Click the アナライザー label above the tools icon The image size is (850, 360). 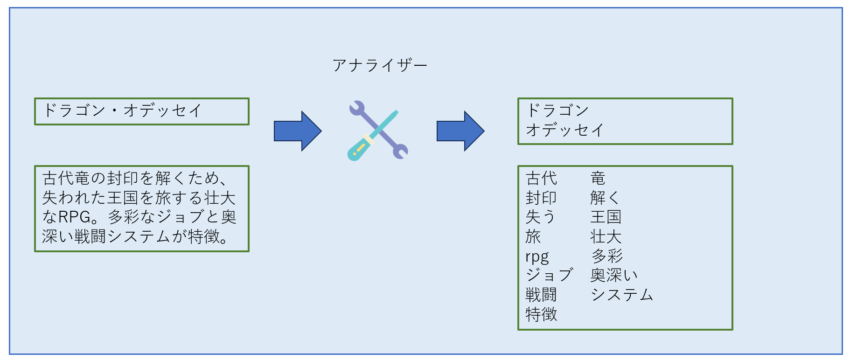380,65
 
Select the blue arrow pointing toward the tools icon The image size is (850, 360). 297,131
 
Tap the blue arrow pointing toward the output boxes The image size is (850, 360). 460,131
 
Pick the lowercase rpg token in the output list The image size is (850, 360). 537,257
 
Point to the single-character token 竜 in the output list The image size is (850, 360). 598,178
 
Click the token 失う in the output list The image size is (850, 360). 540,217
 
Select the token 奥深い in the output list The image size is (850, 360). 613,276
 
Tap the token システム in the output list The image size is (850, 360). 622,295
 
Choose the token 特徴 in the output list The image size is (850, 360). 541,315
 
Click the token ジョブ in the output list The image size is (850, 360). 549,276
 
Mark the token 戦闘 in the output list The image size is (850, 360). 541,295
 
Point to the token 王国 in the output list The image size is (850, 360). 606,217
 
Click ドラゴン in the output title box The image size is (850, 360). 557,111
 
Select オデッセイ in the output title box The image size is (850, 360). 565,130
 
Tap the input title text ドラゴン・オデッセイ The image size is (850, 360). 122,111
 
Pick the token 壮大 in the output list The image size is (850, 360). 606,237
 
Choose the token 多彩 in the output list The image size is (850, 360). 607,256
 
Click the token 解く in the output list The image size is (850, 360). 605,198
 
